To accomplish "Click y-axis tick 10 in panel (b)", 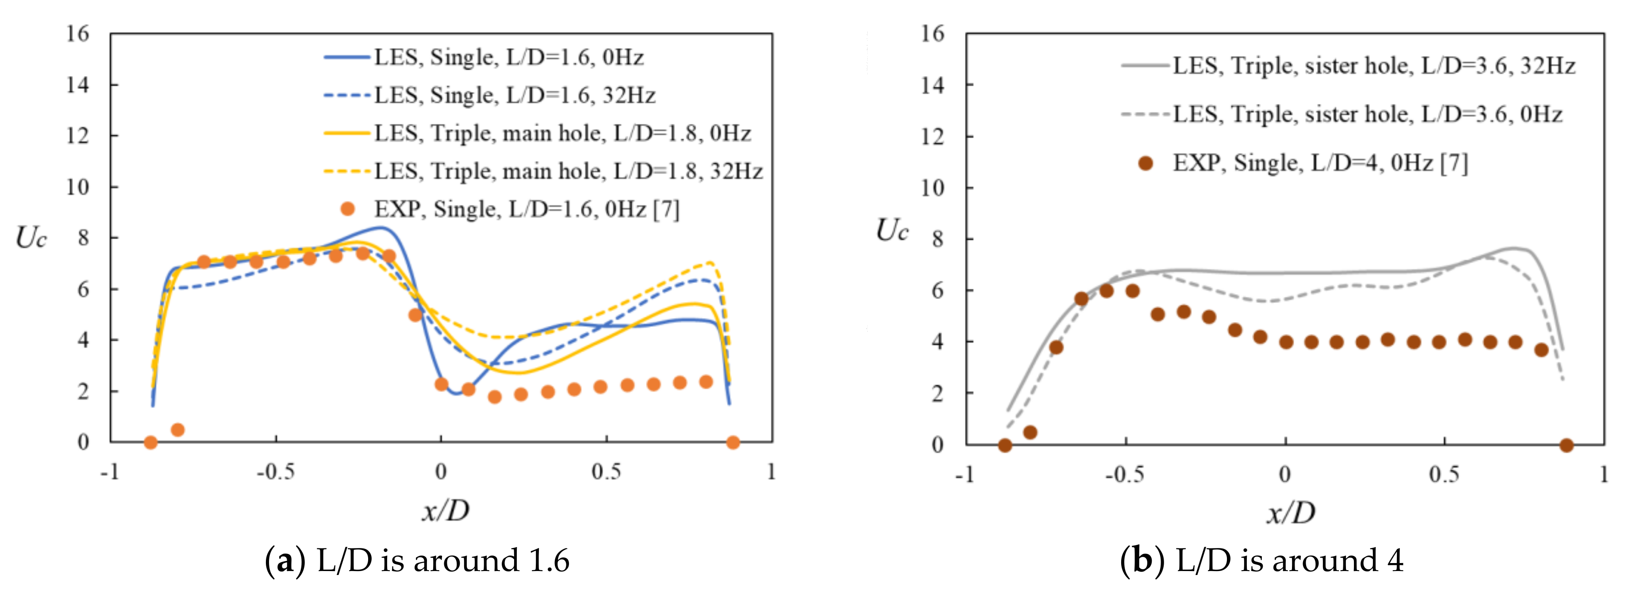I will pos(933,188).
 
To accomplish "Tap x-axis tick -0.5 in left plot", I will pos(275,472).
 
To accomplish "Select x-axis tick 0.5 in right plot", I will pos(1444,475).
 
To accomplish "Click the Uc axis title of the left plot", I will pos(31,238).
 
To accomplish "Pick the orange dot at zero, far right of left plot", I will pos(733,442).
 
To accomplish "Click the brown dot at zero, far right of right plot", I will pos(1566,445).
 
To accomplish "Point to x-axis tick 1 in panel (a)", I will pos(771,472).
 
